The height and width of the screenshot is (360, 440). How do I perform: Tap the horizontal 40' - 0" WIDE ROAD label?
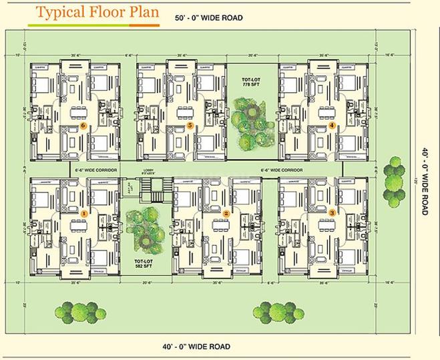click(x=196, y=347)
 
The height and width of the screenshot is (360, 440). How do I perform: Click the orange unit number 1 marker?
click(x=83, y=213)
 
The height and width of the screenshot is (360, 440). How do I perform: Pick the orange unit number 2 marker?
click(x=226, y=214)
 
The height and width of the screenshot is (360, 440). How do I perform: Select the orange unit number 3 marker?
click(x=332, y=212)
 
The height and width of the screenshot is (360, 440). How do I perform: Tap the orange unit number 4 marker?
click(x=332, y=125)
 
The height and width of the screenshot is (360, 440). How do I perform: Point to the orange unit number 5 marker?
click(x=190, y=125)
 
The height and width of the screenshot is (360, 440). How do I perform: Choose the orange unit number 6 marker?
click(x=83, y=125)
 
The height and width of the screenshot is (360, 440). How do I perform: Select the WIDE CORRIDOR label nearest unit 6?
click(x=97, y=170)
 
